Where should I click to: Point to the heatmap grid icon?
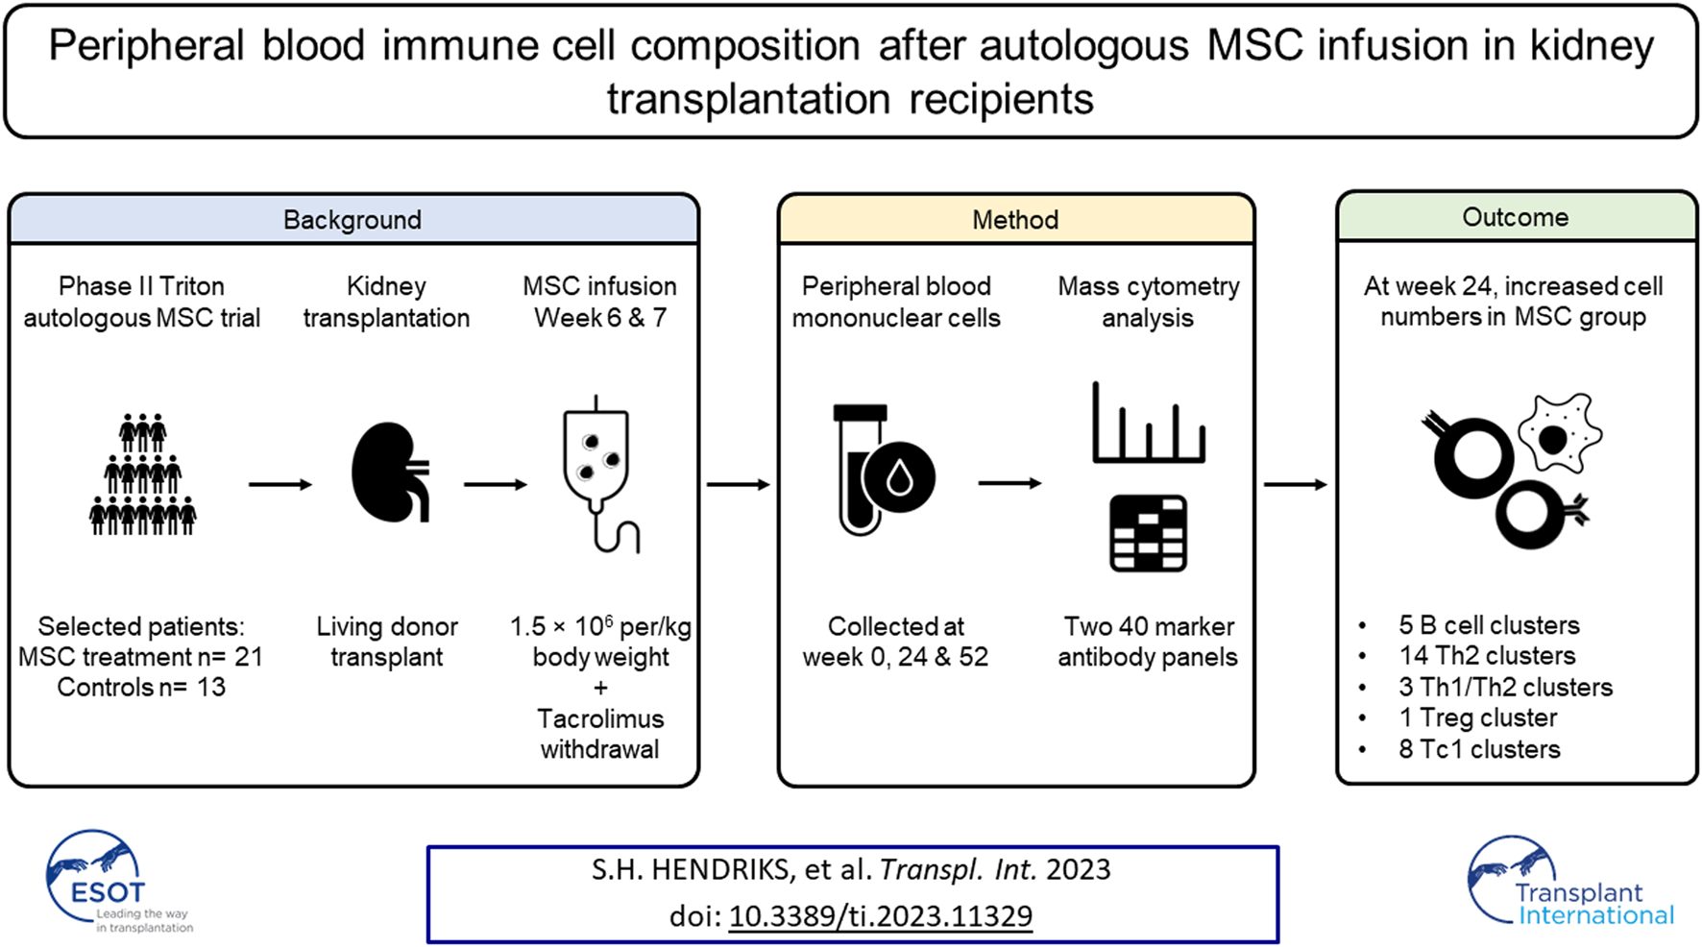coord(1148,534)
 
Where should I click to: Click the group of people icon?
coord(142,474)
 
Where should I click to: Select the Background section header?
coord(353,220)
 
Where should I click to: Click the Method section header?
coord(1015,220)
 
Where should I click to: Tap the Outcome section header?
coord(1515,217)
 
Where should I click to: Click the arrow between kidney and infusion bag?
coord(495,484)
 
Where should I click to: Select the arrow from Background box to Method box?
coord(738,484)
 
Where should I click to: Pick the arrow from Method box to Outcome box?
coord(1295,484)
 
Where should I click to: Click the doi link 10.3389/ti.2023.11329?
coord(880,916)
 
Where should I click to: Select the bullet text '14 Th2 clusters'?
coord(1487,656)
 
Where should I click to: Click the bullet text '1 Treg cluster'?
coord(1477,717)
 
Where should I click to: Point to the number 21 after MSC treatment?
coord(249,657)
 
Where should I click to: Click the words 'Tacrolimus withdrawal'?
coord(600,734)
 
